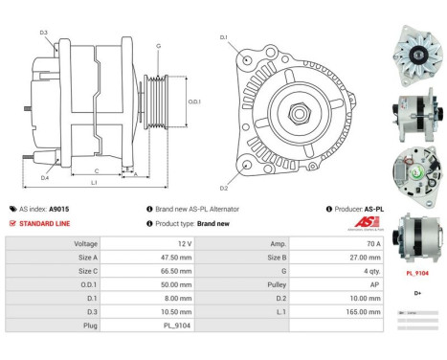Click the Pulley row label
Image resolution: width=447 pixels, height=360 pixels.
click(x=277, y=284)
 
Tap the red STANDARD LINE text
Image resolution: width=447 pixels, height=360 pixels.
click(x=44, y=222)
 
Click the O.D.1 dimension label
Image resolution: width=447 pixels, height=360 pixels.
click(x=193, y=101)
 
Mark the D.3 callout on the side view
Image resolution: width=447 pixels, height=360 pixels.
click(x=44, y=33)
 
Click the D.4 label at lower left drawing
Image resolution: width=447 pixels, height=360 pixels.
click(x=44, y=177)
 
